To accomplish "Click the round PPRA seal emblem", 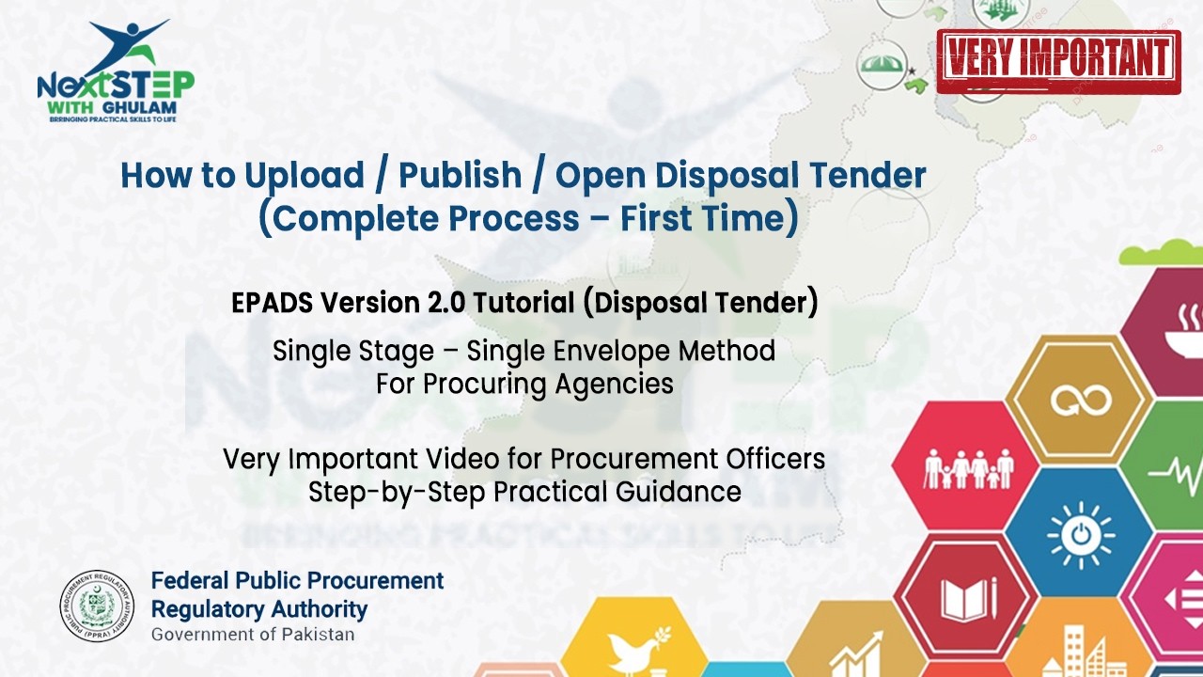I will point(98,606).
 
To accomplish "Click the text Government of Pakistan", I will point(253,634).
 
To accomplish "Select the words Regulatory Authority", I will point(259,607).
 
